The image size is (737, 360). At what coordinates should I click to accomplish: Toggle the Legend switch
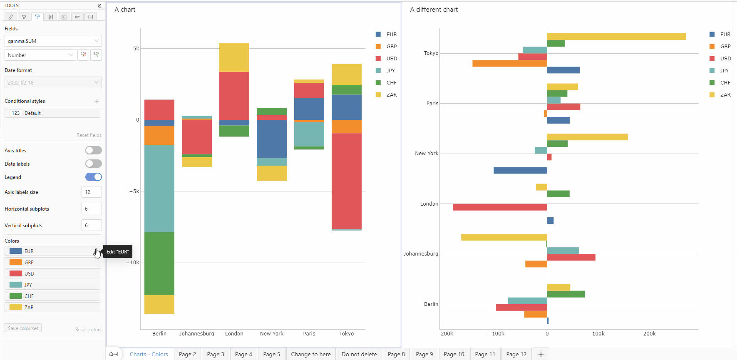pos(93,177)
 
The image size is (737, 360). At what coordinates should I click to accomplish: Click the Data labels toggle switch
pos(93,164)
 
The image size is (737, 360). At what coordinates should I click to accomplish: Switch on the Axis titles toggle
pos(93,150)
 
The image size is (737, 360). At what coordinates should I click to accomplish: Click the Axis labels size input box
pos(92,192)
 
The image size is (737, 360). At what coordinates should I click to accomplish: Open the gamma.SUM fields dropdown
pos(53,41)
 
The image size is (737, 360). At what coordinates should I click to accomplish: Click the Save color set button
pos(23,328)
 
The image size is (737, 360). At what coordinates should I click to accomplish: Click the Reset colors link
pos(88,329)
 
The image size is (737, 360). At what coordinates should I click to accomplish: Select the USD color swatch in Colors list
pos(16,273)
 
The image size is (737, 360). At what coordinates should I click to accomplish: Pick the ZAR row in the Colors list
pos(52,307)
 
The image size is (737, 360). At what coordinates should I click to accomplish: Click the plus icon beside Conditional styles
pos(97,101)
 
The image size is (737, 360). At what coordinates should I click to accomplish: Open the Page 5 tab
pos(271,354)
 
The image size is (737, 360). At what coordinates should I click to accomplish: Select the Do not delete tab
pos(359,354)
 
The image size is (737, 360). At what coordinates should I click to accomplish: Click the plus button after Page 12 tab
pos(541,354)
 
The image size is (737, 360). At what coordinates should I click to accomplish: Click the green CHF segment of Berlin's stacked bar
pos(159,263)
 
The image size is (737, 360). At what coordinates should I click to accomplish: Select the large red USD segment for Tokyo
pos(346,181)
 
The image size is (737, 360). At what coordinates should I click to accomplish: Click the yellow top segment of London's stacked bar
pos(234,57)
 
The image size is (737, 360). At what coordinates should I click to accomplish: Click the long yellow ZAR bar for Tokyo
pos(616,37)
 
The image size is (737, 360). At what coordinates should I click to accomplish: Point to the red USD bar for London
pos(499,207)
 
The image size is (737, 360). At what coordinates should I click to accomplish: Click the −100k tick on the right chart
pos(496,333)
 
